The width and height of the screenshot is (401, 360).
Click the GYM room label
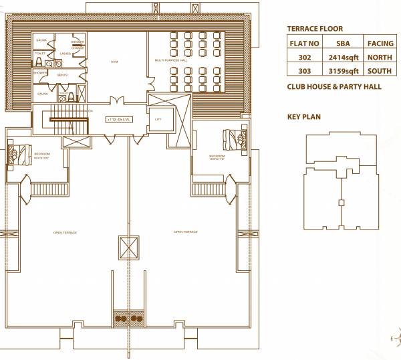click(114, 62)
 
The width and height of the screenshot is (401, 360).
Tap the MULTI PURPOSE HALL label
click(170, 60)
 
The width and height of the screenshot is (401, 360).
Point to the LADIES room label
click(65, 54)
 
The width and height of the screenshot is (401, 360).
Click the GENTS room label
click(61, 74)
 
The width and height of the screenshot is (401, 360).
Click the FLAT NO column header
click(304, 43)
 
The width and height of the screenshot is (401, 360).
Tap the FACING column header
click(380, 43)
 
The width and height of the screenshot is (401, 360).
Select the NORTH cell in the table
click(380, 58)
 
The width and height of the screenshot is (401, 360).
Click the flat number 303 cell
click(304, 72)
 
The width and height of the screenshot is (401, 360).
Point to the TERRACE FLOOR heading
click(315, 29)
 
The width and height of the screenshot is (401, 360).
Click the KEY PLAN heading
click(303, 117)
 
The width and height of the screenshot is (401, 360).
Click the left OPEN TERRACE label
click(65, 232)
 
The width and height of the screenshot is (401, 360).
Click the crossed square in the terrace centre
click(128, 247)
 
